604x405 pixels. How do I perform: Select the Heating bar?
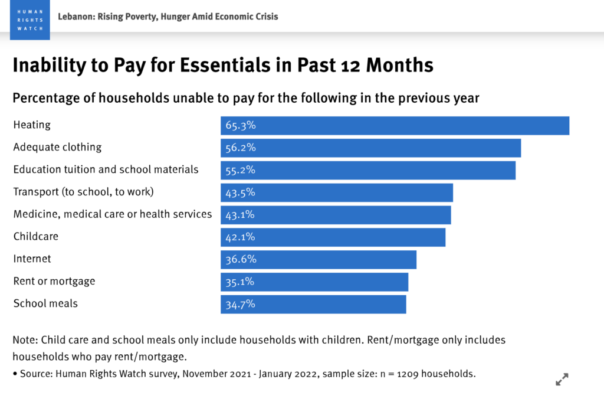pos(395,126)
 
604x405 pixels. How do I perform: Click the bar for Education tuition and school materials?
pos(368,170)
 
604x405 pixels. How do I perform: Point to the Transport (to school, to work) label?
pos(83,192)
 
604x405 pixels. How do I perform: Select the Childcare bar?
pos(333,237)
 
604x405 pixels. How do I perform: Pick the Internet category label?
pos(32,259)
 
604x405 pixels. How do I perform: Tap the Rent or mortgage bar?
pos(314,282)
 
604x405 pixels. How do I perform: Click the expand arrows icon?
pos(562,379)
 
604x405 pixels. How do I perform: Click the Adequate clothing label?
pos(58,147)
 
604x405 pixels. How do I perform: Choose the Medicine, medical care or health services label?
pos(113,214)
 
